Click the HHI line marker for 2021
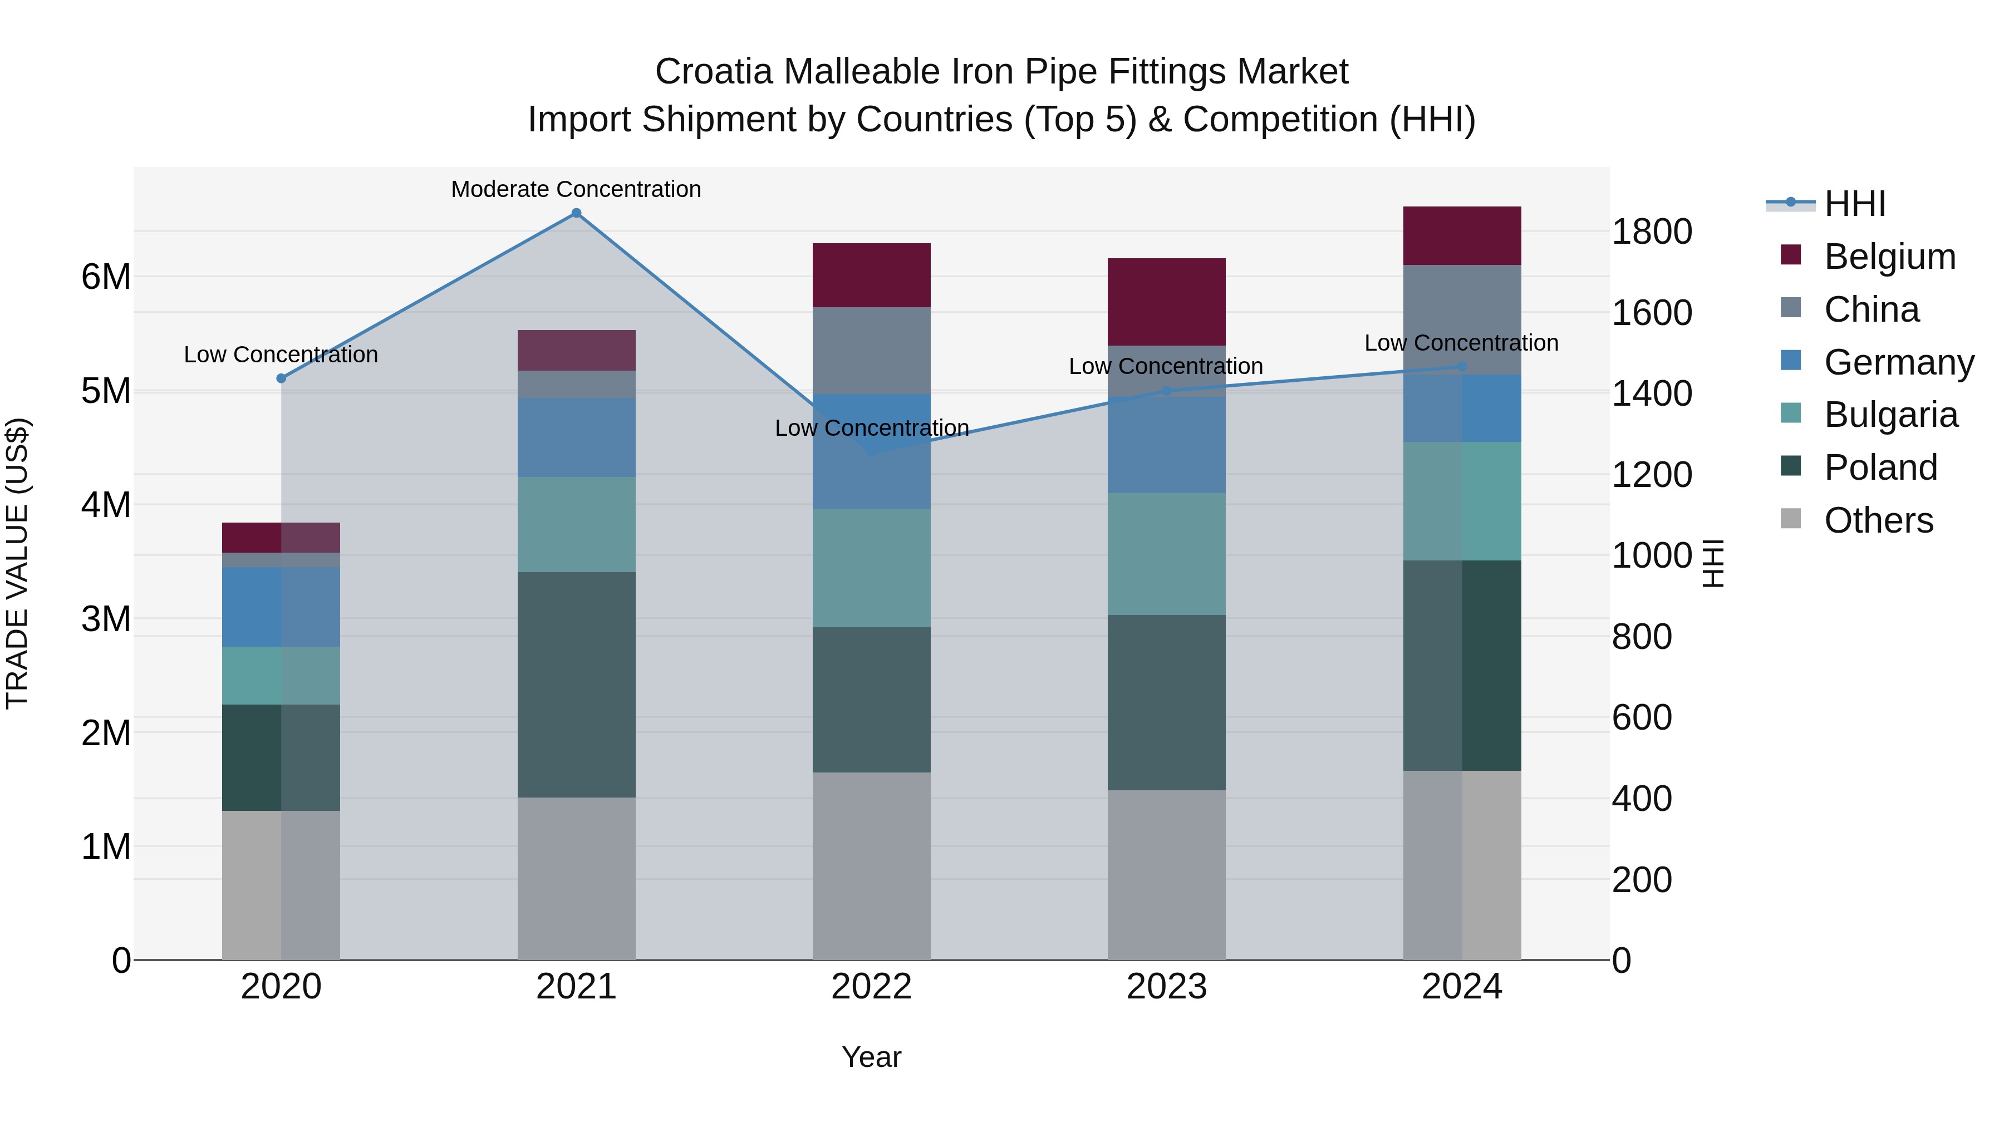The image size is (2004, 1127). click(x=577, y=213)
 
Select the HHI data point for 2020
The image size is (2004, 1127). click(x=282, y=378)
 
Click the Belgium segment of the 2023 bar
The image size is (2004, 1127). click(x=1166, y=302)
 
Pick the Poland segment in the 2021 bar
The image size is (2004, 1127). click(x=577, y=685)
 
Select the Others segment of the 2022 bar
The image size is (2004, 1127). click(x=871, y=865)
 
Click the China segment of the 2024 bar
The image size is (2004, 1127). click(x=1462, y=319)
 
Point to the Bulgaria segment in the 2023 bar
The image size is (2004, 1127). click(x=1166, y=554)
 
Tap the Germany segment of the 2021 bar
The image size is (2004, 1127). click(x=577, y=437)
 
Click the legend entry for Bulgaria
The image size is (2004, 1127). click(x=1890, y=415)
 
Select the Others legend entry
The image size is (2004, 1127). click(x=1878, y=520)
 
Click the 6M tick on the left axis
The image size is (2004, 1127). click(x=106, y=277)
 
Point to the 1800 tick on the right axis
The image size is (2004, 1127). click(x=1651, y=232)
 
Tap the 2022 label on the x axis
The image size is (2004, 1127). click(x=871, y=987)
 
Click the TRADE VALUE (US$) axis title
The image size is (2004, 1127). click(x=17, y=563)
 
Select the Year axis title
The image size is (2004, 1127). click(x=871, y=1057)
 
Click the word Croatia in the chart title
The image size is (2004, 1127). click(x=714, y=72)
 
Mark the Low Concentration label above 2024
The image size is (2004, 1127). click(x=1461, y=343)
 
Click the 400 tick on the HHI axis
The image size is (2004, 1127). click(x=1642, y=799)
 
